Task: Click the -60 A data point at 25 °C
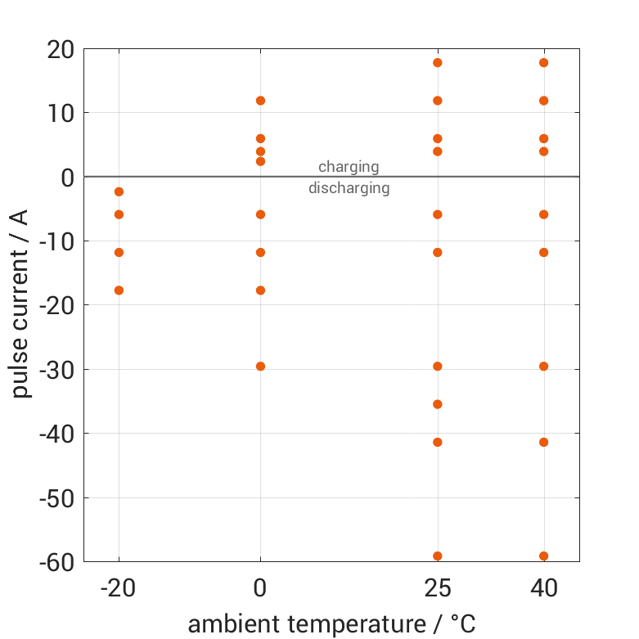[x=438, y=556]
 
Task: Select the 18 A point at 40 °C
[x=543, y=63]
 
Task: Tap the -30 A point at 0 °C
[x=260, y=367]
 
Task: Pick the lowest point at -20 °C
[x=119, y=290]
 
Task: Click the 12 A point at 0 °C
[x=260, y=101]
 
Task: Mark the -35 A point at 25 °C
[x=438, y=404]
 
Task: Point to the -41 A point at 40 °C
[x=543, y=443]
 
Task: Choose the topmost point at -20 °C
[x=119, y=191]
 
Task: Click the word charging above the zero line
[x=349, y=167]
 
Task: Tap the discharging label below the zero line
[x=349, y=188]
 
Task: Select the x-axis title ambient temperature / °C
[x=331, y=624]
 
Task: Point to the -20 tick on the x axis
[x=119, y=588]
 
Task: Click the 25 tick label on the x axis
[x=438, y=588]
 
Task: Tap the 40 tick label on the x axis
[x=543, y=588]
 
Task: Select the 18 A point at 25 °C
[x=438, y=63]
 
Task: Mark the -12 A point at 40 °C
[x=543, y=252]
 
